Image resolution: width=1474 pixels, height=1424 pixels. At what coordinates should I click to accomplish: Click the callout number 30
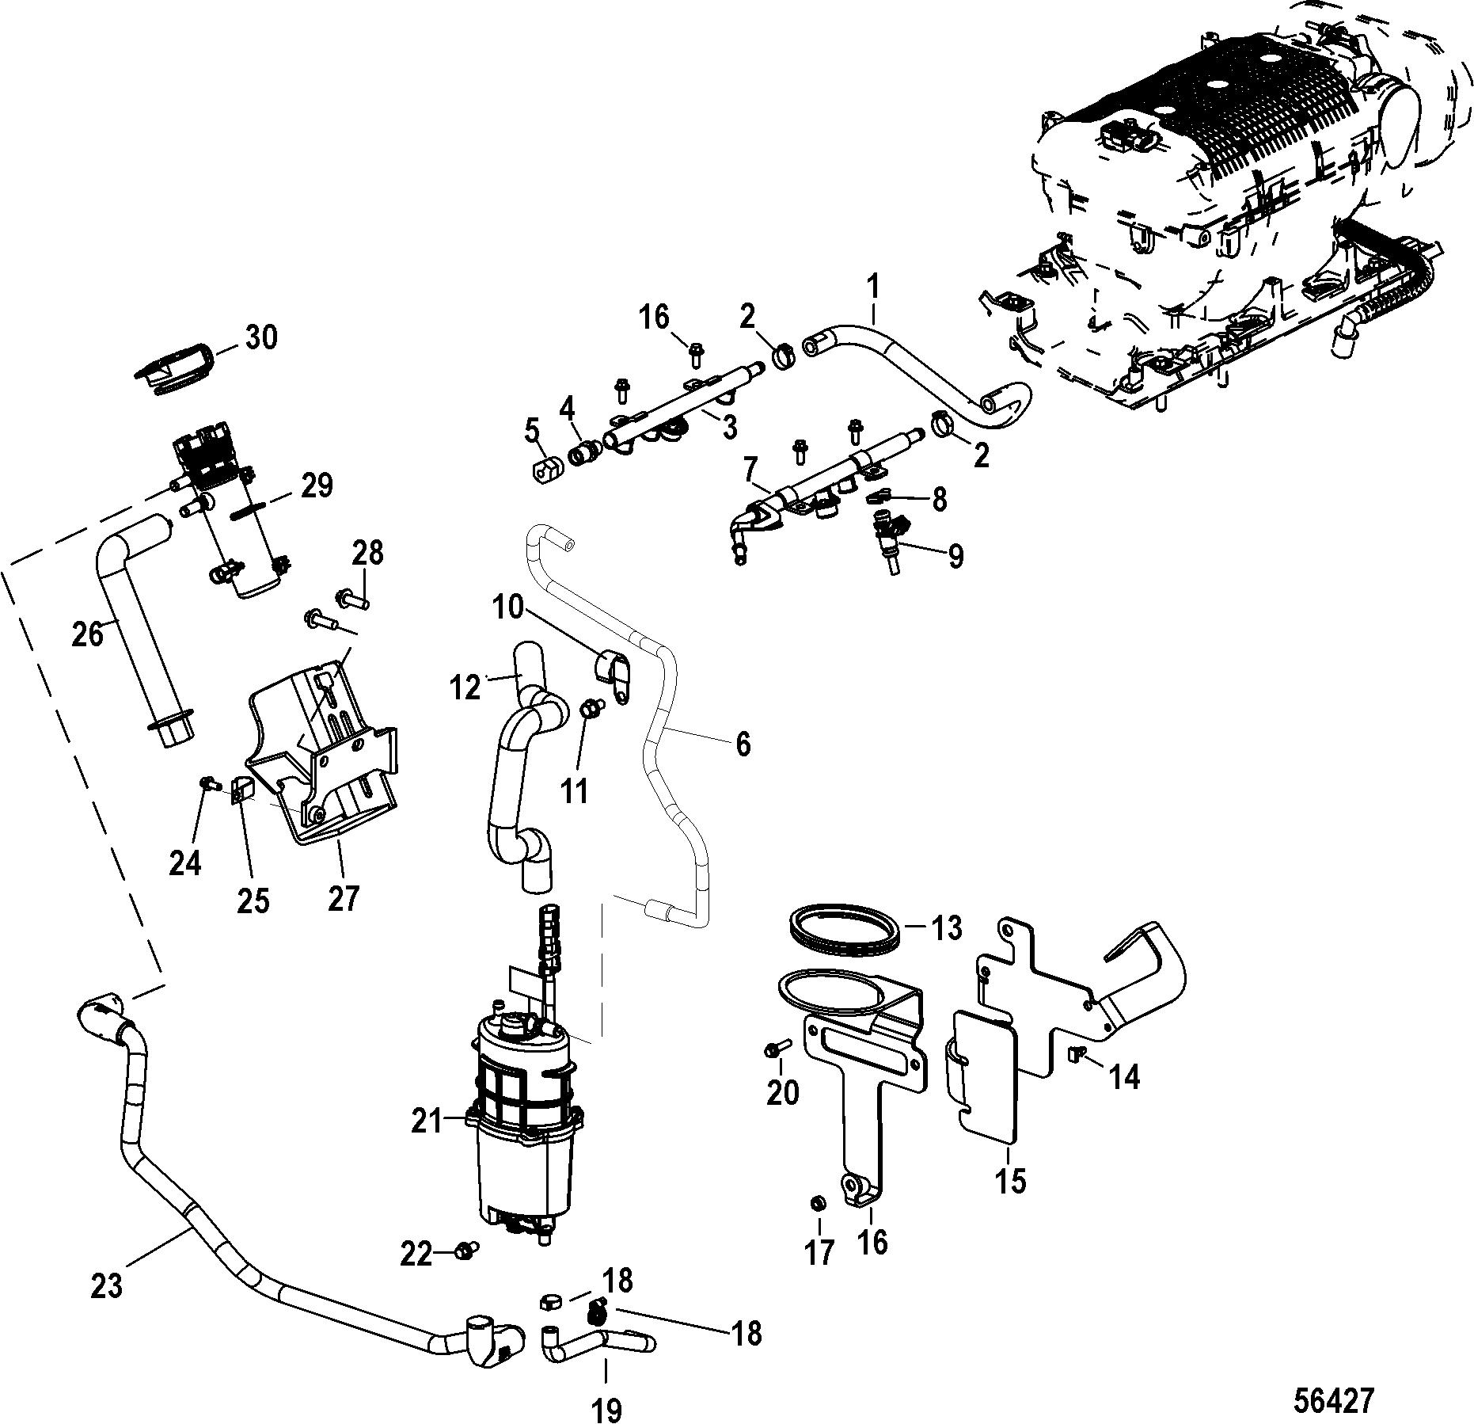260,338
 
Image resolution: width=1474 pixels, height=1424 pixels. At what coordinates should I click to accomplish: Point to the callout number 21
427,1121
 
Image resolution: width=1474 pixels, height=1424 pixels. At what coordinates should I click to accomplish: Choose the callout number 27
343,897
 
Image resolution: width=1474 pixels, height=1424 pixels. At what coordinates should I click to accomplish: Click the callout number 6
742,744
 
